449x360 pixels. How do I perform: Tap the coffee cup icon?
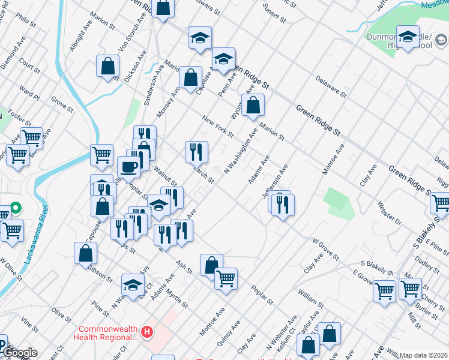point(128,166)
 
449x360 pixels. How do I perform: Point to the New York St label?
point(217,127)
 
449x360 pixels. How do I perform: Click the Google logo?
point(19,353)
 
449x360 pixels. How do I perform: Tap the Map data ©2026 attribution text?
point(424,355)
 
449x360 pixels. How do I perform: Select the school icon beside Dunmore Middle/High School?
point(408,37)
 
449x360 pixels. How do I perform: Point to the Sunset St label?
point(274,13)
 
